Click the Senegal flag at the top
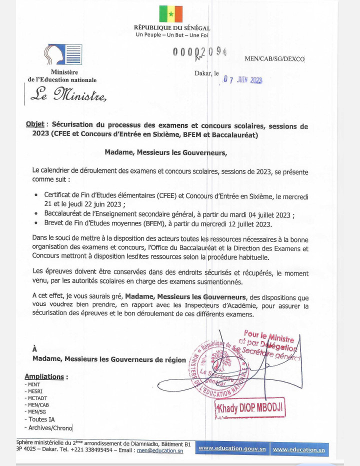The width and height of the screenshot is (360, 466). tap(171, 14)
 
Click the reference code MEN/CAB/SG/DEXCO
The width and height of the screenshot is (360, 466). tap(274, 59)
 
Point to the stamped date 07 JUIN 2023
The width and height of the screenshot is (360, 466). tap(242, 79)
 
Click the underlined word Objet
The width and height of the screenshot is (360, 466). tap(35, 125)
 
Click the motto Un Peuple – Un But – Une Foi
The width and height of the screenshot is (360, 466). tap(171, 35)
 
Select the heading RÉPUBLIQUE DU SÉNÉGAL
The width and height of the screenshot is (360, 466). tap(171, 28)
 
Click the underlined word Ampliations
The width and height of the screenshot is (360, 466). tap(44, 376)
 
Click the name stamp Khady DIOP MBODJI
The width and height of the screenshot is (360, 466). tap(250, 408)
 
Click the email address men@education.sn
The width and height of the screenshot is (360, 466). tap(163, 450)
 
